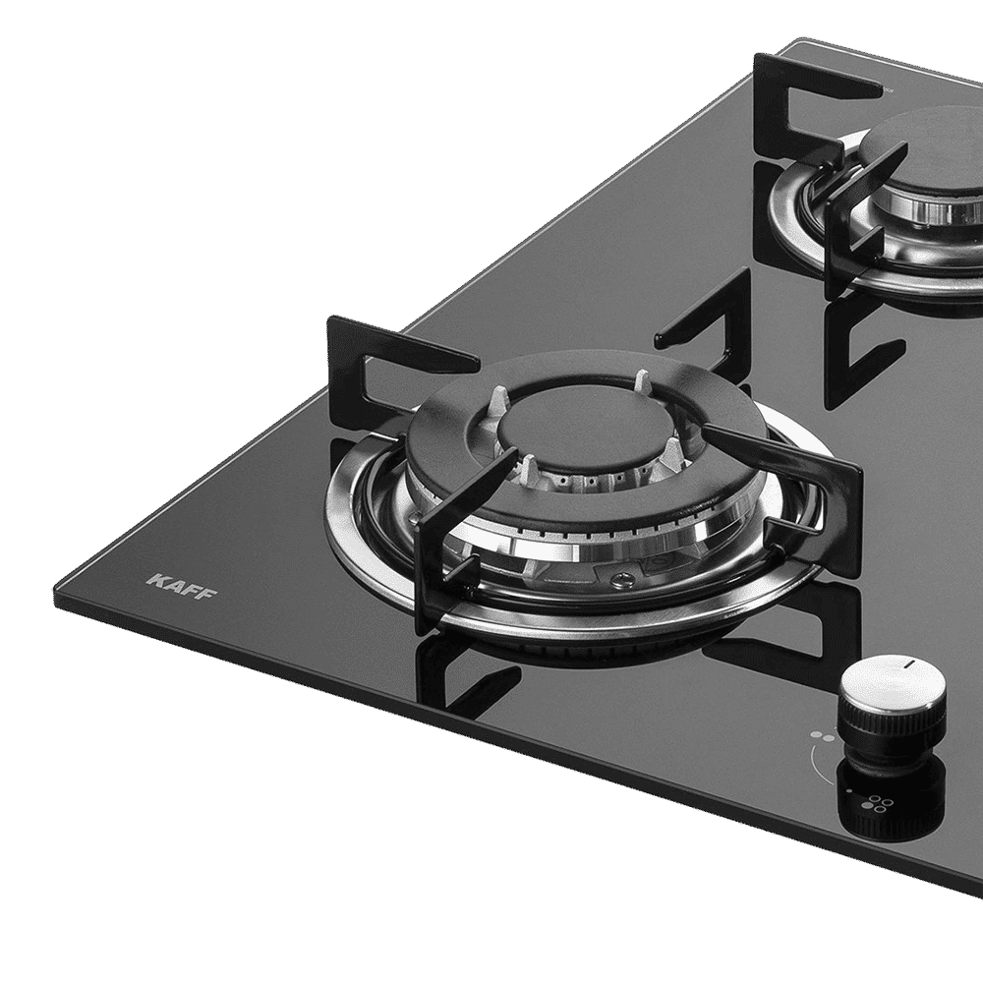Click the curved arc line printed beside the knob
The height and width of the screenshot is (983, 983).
pyautogui.click(x=815, y=762)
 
